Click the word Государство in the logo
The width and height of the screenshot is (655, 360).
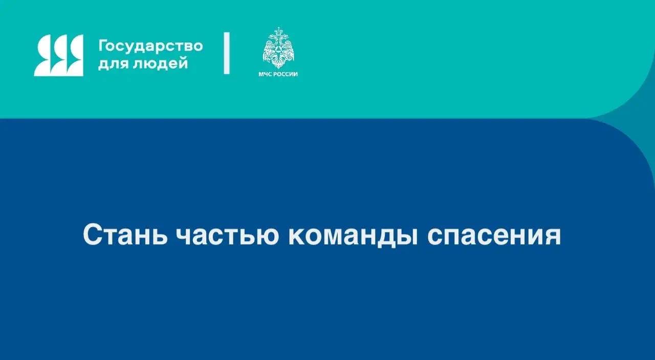(x=150, y=46)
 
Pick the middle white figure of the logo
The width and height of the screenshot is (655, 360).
(x=59, y=55)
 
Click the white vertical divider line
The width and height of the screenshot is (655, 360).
(x=227, y=53)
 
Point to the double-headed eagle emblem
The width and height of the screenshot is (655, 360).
(x=278, y=49)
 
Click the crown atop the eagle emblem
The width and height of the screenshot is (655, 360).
(x=278, y=31)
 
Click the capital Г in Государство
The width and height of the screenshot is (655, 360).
(x=102, y=46)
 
